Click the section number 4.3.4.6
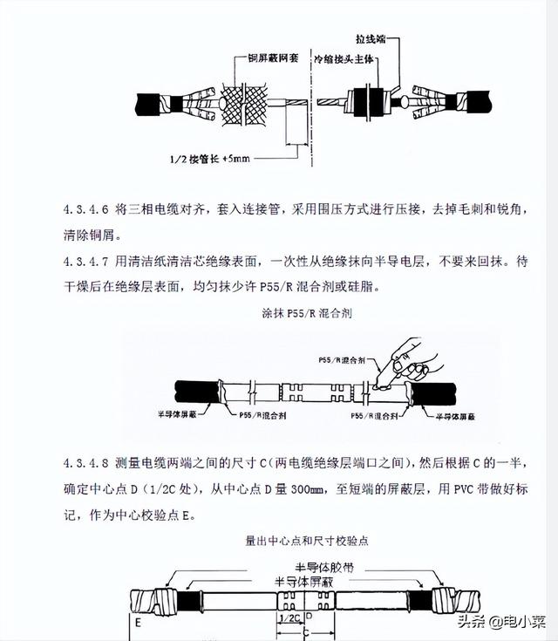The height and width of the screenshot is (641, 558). (x=85, y=211)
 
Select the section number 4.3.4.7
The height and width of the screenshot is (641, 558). (x=85, y=262)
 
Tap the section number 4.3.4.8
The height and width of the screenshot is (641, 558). (x=85, y=460)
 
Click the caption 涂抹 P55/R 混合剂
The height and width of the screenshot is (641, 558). (x=278, y=312)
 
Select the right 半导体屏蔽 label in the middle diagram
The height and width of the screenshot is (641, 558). (x=457, y=418)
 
